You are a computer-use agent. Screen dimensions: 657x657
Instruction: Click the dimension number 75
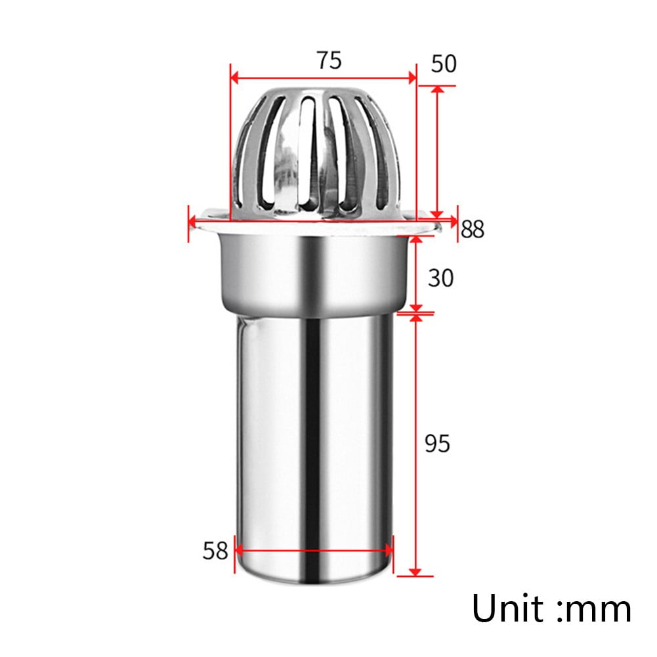click(x=329, y=60)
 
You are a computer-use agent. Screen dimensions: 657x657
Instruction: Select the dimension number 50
click(x=443, y=64)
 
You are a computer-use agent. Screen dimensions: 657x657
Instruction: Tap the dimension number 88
click(x=472, y=229)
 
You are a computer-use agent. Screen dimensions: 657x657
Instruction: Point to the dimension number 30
click(x=440, y=278)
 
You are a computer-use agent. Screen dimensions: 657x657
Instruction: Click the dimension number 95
click(x=437, y=444)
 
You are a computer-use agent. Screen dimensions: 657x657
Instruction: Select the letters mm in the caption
click(x=599, y=609)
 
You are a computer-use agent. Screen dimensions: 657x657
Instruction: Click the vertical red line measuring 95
click(x=414, y=444)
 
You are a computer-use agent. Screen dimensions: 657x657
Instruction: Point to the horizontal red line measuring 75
click(x=323, y=78)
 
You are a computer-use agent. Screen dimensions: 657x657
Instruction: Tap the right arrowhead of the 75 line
click(x=412, y=78)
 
